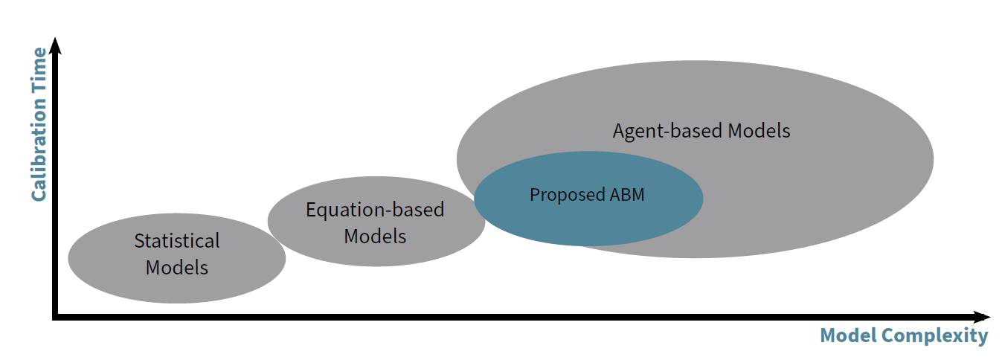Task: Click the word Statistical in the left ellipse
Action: (x=177, y=241)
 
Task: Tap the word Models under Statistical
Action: (x=177, y=267)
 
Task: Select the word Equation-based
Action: (x=375, y=210)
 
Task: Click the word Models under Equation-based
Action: (x=375, y=237)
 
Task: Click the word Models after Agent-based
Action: (x=759, y=131)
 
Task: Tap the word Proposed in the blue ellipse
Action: (x=566, y=195)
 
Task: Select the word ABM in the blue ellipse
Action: (x=626, y=195)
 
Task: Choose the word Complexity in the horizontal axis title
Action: (x=934, y=336)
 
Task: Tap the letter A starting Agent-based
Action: (x=619, y=131)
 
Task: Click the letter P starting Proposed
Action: (x=534, y=195)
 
